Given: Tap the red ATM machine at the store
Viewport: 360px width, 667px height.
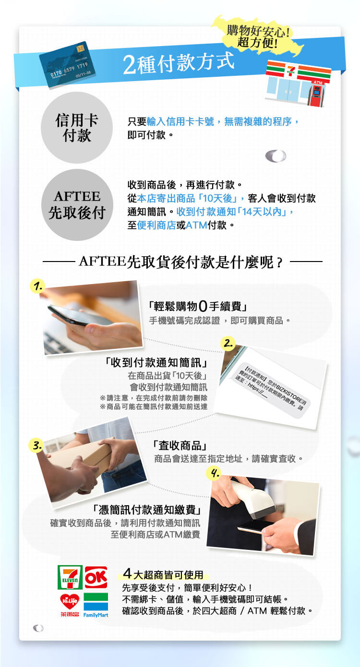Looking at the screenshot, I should coord(316,94).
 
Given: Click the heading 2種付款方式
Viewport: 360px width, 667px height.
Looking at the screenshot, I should coord(179,63).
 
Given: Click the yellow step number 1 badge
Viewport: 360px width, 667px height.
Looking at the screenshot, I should coord(37,286).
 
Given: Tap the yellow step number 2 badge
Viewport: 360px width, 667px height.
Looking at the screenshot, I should coord(228,343).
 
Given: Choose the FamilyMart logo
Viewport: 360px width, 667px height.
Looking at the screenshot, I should coord(96,605).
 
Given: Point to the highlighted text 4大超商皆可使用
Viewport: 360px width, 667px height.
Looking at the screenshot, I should coord(163,574).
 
